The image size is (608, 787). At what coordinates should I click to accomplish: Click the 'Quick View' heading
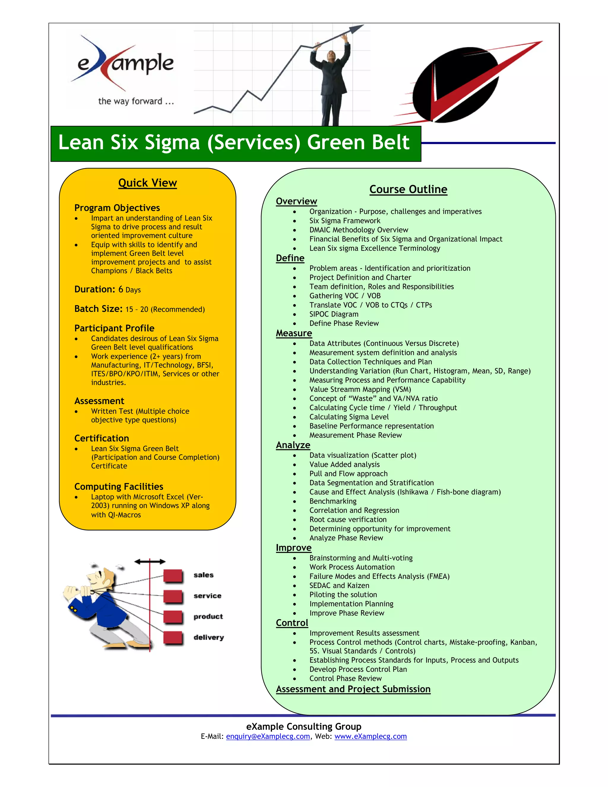pos(147,183)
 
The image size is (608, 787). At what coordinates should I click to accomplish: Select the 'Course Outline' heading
pos(408,189)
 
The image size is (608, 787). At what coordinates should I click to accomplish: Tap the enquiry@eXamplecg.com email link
pos(267,737)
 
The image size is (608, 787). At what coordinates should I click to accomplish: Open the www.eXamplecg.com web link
pos(370,737)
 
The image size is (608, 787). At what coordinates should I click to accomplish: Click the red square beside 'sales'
pos(173,576)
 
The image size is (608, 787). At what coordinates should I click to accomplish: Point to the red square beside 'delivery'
pos(173,638)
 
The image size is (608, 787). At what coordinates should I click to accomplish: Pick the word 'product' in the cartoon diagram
pos(208,617)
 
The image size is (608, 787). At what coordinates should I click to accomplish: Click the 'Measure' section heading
pos(294,333)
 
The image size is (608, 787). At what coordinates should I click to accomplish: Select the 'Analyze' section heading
pos(293,445)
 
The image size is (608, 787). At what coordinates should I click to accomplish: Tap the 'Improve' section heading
pos(294,548)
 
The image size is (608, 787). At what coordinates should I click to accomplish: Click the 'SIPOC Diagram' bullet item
pos(333,314)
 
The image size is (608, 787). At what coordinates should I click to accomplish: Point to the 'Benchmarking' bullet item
pos(333,501)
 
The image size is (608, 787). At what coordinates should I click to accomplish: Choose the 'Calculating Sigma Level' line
pos(349,417)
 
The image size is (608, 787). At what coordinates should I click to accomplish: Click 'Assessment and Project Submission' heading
pos(353,689)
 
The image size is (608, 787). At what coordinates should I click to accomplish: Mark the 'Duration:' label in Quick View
pos(94,289)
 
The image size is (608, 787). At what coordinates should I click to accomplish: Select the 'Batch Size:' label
pos(98,309)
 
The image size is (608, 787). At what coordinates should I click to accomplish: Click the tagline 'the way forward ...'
pos(136,101)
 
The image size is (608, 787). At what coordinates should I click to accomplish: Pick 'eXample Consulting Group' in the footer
pos(304,726)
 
